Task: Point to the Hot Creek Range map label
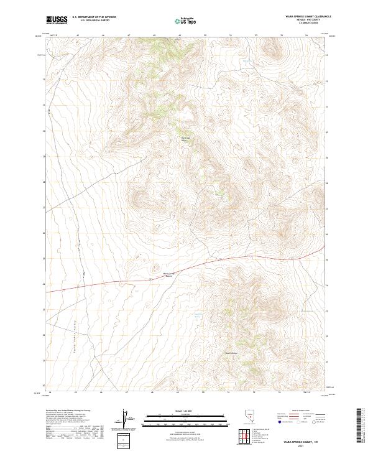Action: [183, 139]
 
